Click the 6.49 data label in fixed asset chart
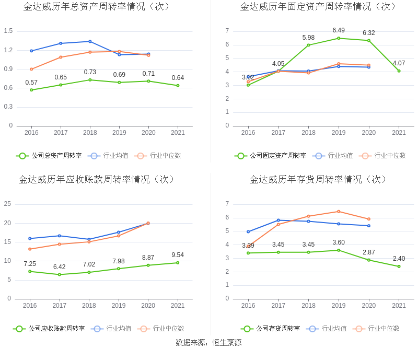[x=339, y=30]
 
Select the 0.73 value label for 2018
[x=90, y=72]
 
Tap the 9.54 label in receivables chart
[x=178, y=255]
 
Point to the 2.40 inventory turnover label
[x=399, y=259]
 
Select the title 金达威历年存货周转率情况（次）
[x=318, y=179]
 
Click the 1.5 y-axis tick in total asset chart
[x=8, y=31]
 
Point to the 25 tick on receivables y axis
[x=7, y=204]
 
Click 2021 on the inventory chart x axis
[x=399, y=306]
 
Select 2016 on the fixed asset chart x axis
[x=248, y=133]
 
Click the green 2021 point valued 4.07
[x=399, y=71]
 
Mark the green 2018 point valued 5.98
[x=308, y=45]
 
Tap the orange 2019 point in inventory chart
[x=339, y=212]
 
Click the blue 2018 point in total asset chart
[x=90, y=41]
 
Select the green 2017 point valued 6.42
[x=59, y=274]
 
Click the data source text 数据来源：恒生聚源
[x=208, y=343]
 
